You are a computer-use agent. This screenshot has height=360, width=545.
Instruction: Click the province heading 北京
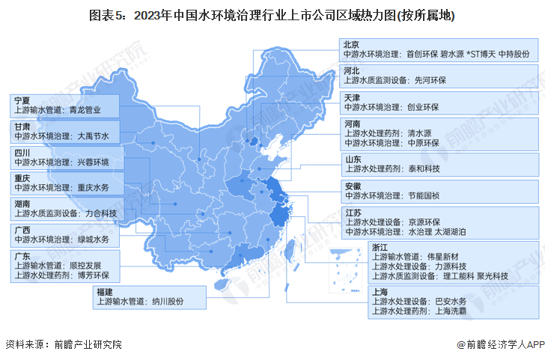351,45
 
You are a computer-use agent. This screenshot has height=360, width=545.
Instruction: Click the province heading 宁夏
22,100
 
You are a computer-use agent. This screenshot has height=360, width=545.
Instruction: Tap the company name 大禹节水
94,136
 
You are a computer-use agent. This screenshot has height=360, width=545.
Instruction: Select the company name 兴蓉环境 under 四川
94,162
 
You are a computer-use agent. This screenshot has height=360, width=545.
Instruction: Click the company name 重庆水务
94,188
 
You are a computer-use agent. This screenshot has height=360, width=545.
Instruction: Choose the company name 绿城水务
94,240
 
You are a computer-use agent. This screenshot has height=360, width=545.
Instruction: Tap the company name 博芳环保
94,275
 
